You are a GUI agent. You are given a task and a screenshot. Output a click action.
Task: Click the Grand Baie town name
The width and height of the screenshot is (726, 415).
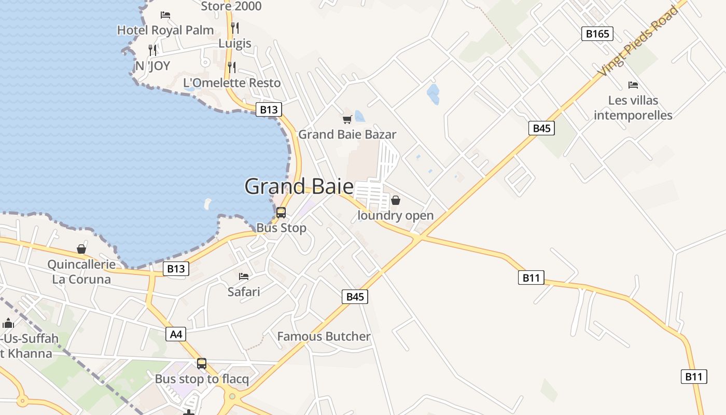point(299,187)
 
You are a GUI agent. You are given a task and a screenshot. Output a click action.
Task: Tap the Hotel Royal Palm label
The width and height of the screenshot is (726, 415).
point(165,30)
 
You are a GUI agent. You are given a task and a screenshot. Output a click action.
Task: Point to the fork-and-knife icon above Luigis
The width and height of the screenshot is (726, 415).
point(235,27)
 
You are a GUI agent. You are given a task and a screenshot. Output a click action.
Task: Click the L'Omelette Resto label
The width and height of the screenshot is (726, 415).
point(232,83)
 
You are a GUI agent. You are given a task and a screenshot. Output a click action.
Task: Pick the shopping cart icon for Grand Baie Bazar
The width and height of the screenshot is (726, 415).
point(347,119)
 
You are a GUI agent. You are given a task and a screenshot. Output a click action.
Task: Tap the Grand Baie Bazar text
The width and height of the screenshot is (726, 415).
point(347,134)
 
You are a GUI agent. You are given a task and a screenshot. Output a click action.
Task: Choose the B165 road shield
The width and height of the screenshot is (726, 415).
point(597,34)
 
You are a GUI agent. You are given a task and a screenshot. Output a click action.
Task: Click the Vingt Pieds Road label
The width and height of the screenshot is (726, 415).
point(637,41)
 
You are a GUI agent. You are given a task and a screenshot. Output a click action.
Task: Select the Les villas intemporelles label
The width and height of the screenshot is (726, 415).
point(633,108)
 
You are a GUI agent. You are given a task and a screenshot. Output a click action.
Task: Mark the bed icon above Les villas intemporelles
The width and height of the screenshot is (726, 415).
point(633,85)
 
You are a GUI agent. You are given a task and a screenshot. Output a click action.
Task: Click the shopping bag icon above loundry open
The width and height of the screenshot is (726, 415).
point(396,200)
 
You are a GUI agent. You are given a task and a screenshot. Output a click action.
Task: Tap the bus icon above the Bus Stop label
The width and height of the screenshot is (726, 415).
point(281,212)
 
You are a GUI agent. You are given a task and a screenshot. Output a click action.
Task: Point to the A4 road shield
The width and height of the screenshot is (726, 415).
point(176,334)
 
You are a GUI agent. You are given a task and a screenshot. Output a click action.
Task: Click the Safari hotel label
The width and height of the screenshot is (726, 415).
point(244,292)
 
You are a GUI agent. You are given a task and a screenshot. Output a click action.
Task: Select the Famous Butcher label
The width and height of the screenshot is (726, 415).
point(324,336)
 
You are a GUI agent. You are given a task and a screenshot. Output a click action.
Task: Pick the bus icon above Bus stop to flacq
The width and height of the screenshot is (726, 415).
point(202,364)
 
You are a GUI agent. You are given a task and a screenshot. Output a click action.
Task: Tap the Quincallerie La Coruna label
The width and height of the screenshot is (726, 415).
point(81,272)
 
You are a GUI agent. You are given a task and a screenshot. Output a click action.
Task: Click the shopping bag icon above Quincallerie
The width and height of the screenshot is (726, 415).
point(81,249)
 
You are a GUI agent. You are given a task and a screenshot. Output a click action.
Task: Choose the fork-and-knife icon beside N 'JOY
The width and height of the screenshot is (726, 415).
point(152,50)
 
